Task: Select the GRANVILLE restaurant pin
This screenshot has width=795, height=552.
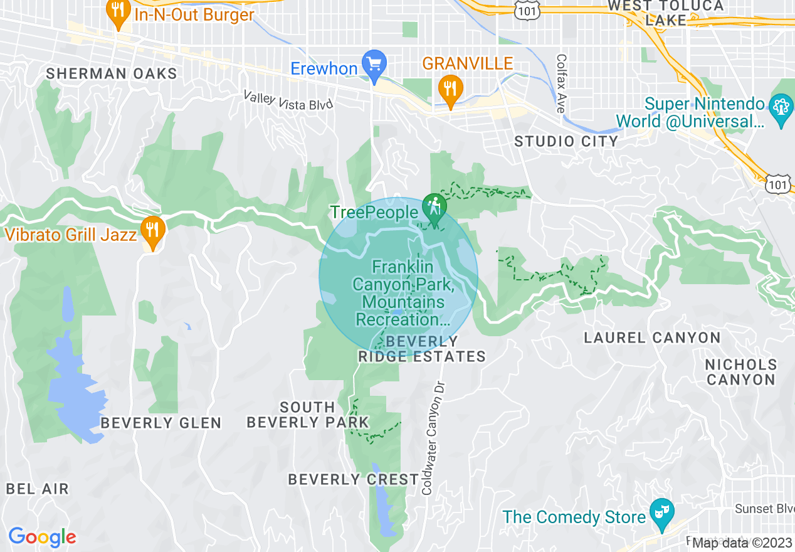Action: tap(450, 90)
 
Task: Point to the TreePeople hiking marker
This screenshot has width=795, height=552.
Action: tap(433, 207)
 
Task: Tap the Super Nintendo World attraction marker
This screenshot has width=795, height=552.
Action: tap(781, 109)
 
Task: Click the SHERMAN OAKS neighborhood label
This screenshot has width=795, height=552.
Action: tap(112, 73)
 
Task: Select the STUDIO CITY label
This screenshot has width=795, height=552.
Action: tap(566, 141)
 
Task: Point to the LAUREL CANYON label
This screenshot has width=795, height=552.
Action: tap(652, 338)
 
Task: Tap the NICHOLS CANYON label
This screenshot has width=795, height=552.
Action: tap(740, 372)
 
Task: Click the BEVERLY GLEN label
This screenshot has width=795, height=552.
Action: tap(161, 423)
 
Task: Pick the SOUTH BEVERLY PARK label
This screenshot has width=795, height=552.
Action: tap(307, 415)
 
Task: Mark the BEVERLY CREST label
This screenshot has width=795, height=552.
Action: tap(353, 480)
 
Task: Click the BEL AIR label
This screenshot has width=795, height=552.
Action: tap(38, 489)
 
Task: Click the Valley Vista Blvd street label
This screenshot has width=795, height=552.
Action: tap(288, 99)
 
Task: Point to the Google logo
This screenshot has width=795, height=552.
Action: tap(42, 537)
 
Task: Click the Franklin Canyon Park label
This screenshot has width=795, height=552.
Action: tap(403, 293)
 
